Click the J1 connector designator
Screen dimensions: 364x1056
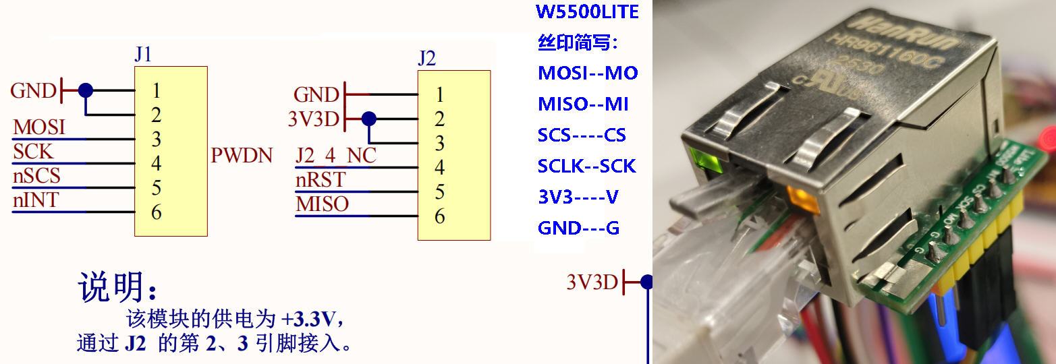143,54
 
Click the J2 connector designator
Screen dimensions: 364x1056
426,58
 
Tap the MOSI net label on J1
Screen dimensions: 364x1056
39,127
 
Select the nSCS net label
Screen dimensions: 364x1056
36,176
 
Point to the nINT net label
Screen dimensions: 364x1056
35,200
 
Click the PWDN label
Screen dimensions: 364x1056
242,156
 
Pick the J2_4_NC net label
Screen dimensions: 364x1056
335,156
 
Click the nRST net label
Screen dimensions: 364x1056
321,180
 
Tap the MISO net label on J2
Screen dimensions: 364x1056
322,204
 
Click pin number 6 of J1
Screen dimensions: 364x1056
156,212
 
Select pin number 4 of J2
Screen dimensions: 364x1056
439,167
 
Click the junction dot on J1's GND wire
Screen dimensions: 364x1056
85,90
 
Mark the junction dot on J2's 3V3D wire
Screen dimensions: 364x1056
368,119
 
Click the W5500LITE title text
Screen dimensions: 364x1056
587,11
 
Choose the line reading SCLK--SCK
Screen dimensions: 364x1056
587,166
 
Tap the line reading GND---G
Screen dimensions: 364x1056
578,228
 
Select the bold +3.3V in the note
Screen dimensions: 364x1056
310,317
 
